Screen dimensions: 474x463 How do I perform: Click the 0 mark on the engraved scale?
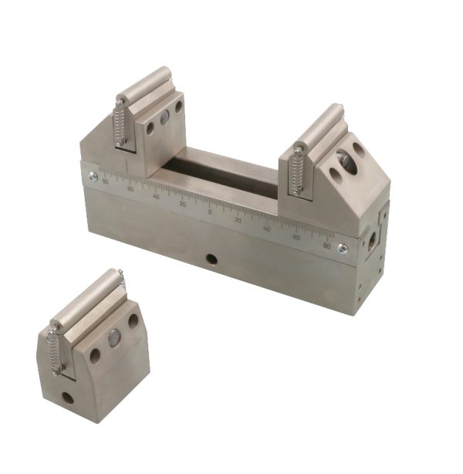pyautogui.click(x=210, y=211)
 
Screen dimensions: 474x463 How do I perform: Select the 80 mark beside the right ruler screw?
pyautogui.click(x=327, y=245)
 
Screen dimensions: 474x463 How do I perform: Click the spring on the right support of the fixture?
pyautogui.click(x=296, y=171)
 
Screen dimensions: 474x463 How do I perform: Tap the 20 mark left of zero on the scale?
pyautogui.click(x=183, y=205)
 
